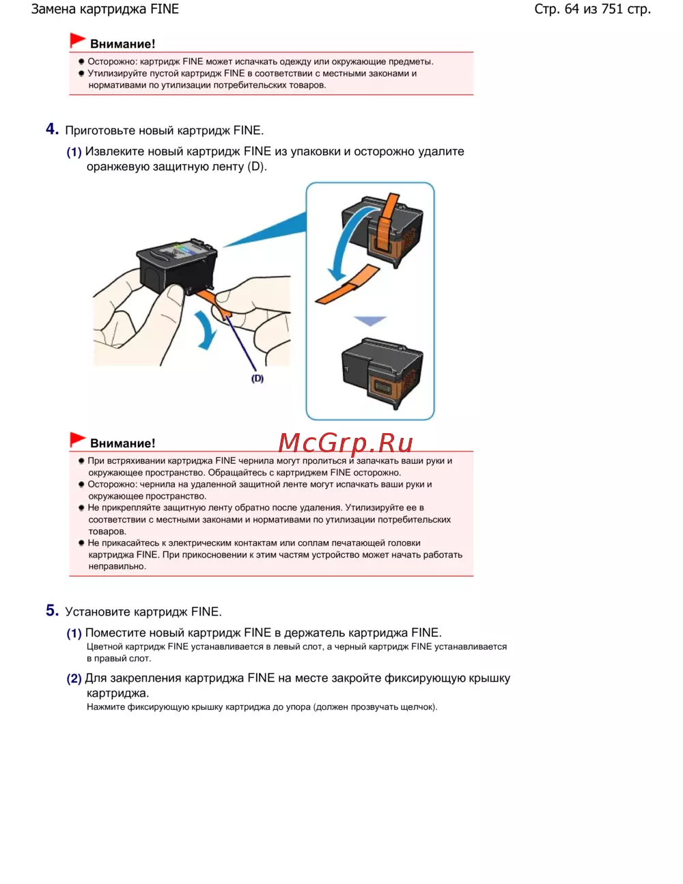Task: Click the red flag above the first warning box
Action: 77,40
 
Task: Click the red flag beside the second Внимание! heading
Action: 77,439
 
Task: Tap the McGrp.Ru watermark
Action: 346,443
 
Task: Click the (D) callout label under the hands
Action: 257,378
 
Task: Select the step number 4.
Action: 52,129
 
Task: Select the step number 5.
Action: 52,610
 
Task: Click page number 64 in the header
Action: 572,9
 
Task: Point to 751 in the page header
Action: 612,9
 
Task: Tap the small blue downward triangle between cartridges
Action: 370,320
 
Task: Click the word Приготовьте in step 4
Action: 100,130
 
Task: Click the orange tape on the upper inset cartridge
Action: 386,222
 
